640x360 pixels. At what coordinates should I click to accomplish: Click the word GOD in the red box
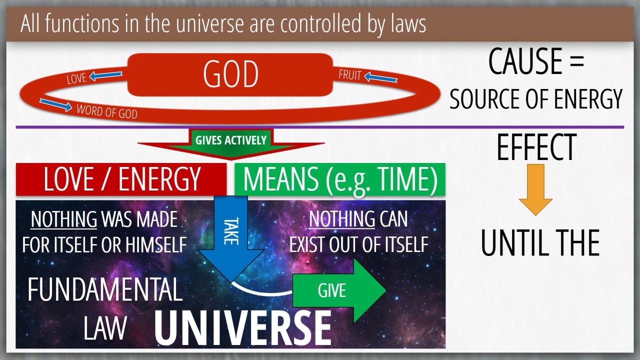(x=231, y=74)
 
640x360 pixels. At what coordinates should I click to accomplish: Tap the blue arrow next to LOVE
(x=105, y=75)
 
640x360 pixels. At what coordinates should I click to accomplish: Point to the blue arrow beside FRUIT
(x=381, y=77)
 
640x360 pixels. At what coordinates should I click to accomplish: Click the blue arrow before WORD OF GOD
(x=55, y=105)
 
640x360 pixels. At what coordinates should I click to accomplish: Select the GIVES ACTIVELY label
(x=231, y=140)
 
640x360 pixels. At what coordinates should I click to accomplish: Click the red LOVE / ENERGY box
(x=121, y=179)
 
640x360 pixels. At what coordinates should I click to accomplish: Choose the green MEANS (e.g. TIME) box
(x=340, y=179)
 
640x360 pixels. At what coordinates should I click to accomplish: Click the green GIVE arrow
(x=339, y=290)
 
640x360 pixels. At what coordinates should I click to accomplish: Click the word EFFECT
(x=536, y=147)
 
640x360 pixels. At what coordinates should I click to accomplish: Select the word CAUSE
(x=525, y=61)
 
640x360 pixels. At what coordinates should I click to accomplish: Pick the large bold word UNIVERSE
(x=243, y=328)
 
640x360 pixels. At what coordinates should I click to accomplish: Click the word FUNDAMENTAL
(x=105, y=289)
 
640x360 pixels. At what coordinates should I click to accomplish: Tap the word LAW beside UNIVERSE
(x=105, y=328)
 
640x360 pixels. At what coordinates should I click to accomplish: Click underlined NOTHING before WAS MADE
(x=63, y=219)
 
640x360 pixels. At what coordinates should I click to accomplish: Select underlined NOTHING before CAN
(x=341, y=219)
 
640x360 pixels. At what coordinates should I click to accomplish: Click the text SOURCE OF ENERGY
(x=535, y=99)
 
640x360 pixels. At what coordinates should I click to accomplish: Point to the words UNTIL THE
(x=540, y=243)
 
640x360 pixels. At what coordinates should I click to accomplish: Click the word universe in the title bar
(x=210, y=23)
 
